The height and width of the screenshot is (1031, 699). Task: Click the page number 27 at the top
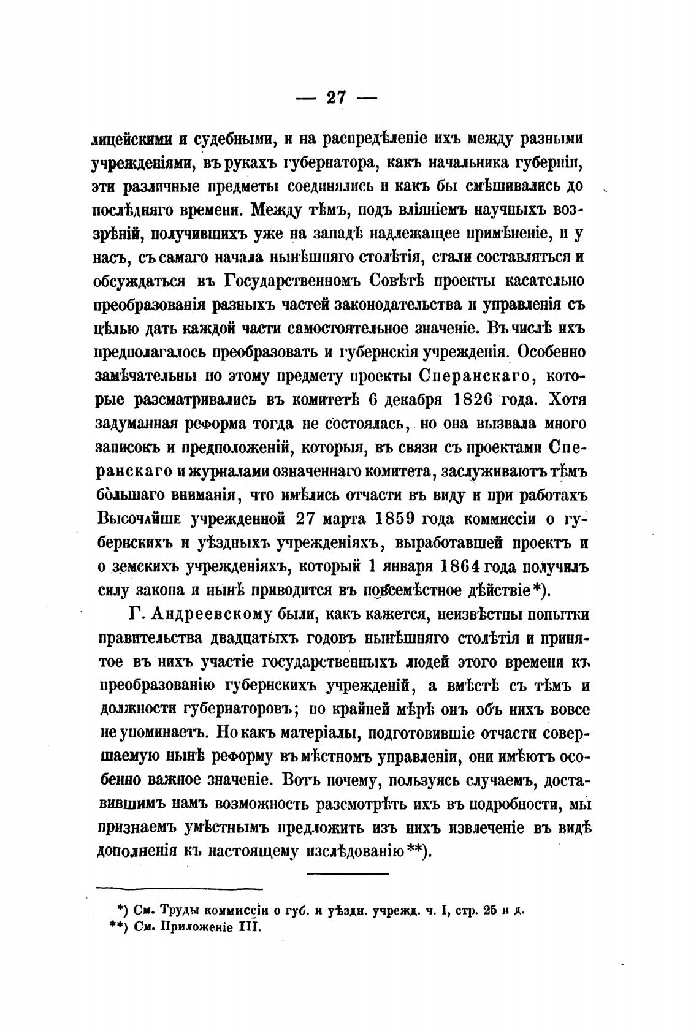click(337, 97)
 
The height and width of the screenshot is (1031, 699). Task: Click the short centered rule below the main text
click(347, 873)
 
